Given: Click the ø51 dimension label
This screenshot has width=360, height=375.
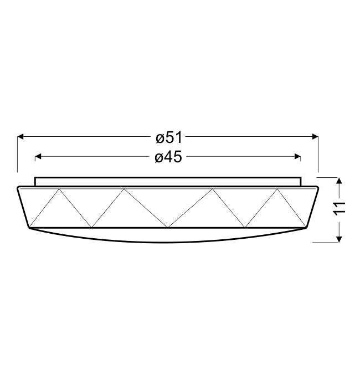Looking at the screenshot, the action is [x=169, y=137].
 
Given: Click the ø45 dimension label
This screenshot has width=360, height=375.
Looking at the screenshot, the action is [x=168, y=157].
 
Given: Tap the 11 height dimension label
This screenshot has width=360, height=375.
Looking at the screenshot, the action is [x=340, y=208].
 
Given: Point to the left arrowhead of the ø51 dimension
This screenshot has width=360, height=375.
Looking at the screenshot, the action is [x=20, y=137].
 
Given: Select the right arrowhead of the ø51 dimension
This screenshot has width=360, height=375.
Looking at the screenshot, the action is [x=316, y=137].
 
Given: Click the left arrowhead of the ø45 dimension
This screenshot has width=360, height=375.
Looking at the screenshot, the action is [x=38, y=157].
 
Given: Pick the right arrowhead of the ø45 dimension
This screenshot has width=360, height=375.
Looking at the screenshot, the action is [x=298, y=157].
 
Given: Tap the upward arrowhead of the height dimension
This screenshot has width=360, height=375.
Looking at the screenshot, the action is [x=339, y=181].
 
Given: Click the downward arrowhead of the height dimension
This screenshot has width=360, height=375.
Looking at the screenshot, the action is [x=339, y=239].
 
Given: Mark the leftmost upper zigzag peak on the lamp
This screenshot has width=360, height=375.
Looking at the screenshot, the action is [x=59, y=189].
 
